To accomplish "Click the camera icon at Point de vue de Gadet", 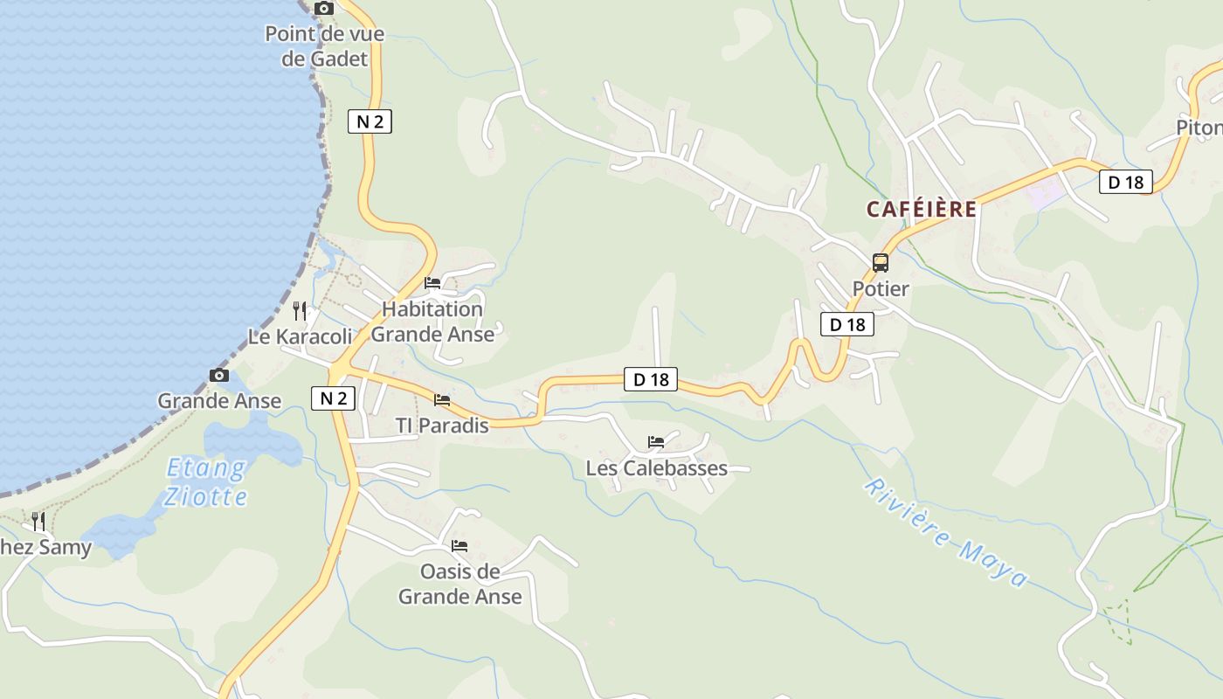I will coord(324,9).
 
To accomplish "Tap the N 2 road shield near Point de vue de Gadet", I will coord(370,121).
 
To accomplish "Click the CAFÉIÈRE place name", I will coord(922,210).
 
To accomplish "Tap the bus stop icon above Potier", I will coord(881,263).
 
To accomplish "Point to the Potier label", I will coord(881,288).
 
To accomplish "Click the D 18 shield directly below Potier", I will coord(847,324).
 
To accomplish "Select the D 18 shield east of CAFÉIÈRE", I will coord(1126,182).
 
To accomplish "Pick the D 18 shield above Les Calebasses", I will coord(652,379).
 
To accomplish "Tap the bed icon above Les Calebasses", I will coord(656,442).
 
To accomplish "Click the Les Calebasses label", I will coord(656,468).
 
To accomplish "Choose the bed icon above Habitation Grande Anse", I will coord(432,283).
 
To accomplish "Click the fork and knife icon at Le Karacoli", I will coord(300,310).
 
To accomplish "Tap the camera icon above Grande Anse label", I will coord(219,376).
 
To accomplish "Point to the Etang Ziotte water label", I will coord(206,482).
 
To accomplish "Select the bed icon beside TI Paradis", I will coord(442,400).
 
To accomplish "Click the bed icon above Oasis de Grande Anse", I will coord(459,546).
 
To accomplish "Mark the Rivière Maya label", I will coord(946,532).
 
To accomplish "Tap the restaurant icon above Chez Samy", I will coord(38,522).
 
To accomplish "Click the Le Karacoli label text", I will coord(300,336).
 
